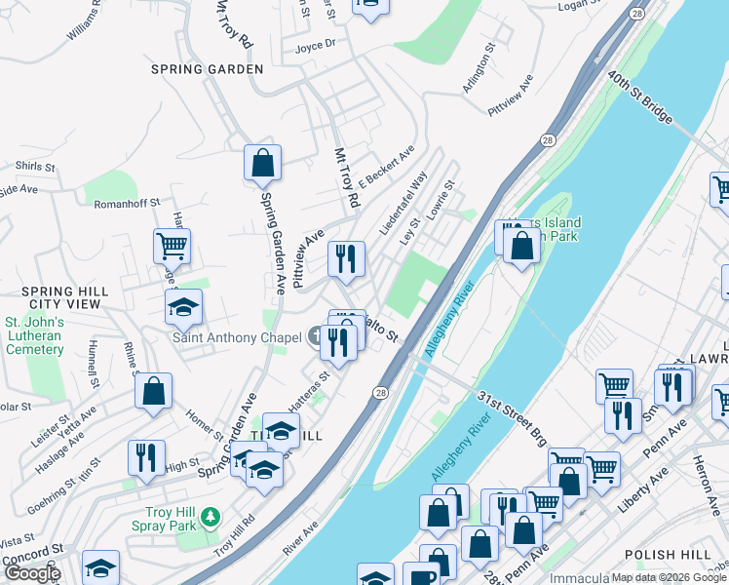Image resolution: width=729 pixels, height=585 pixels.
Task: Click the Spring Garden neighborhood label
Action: pos(207,69)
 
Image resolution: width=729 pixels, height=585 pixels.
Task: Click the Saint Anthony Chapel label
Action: pos(237,338)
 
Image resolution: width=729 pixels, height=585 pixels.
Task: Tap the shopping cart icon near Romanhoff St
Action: pos(172,246)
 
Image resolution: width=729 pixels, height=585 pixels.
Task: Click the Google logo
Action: pos(31,573)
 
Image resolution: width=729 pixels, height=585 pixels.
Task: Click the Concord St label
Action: pos(32,554)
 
